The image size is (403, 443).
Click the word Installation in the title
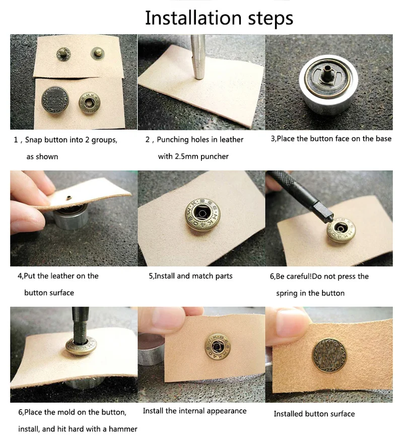(193, 18)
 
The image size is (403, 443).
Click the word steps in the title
(271, 19)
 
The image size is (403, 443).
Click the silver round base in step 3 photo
(328, 85)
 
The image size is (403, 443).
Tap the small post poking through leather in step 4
(68, 198)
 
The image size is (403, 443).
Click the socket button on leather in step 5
(203, 214)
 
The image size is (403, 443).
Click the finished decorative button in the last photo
(329, 355)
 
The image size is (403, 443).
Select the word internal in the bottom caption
(190, 411)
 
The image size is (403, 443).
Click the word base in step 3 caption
(383, 139)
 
